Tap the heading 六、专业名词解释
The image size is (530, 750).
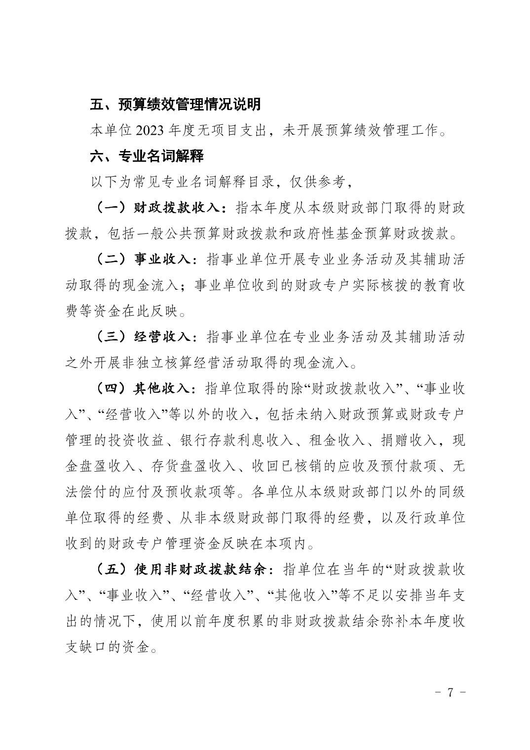pos(147,156)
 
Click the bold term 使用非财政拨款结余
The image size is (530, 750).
pos(200,569)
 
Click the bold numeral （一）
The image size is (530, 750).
pos(111,208)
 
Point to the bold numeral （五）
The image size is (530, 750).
pos(111,569)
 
